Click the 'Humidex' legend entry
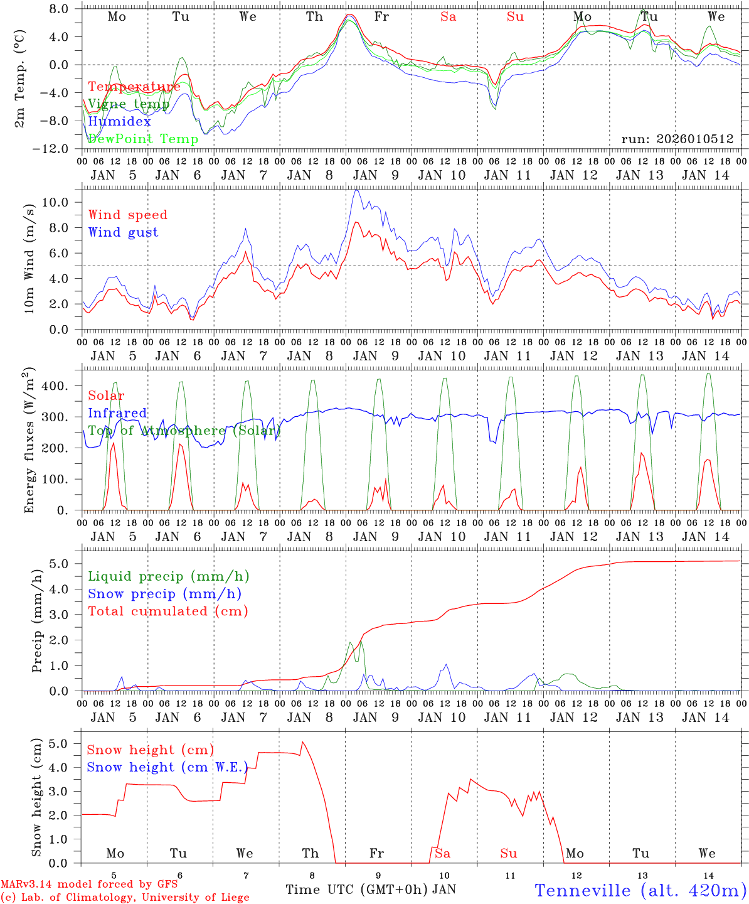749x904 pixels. point(119,122)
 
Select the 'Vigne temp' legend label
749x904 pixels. point(129,104)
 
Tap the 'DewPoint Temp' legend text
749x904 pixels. point(143,139)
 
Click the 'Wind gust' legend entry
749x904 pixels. point(123,232)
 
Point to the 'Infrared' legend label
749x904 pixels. point(117,413)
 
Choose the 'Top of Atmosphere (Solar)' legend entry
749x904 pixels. point(184,431)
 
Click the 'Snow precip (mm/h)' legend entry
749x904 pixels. point(165,594)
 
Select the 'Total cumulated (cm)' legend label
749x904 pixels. point(168,611)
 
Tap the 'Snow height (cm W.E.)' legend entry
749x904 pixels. point(167,767)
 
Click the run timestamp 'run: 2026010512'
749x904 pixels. point(677,139)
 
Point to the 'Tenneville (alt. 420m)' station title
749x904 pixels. point(640,890)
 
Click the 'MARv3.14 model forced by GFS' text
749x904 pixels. point(89,885)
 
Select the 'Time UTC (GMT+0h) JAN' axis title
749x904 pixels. point(371,890)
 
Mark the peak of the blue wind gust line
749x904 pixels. point(356,190)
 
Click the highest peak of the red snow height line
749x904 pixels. point(302,742)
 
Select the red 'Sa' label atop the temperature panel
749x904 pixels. point(448,17)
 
